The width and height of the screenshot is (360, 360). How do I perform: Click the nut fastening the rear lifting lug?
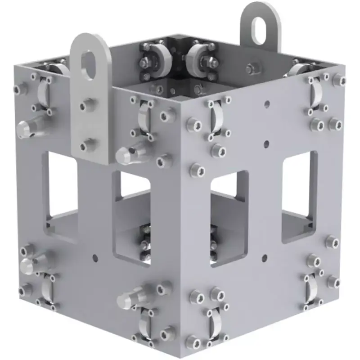click(x=251, y=69)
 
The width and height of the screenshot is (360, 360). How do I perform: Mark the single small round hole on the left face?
click(x=95, y=258)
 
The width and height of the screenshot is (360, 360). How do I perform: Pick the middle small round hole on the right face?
click(x=266, y=144)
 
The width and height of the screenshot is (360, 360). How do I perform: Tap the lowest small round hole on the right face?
click(x=265, y=258)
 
